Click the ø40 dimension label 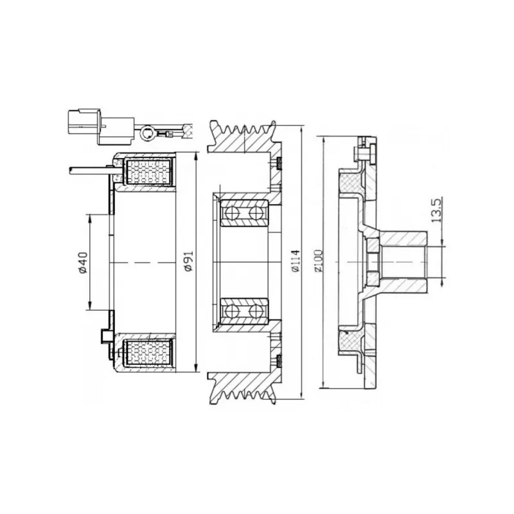[83, 263]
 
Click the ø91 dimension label [189, 261]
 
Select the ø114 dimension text [296, 261]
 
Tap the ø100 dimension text [318, 261]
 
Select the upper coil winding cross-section [148, 172]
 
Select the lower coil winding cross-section [148, 353]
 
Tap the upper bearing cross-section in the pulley [244, 213]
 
